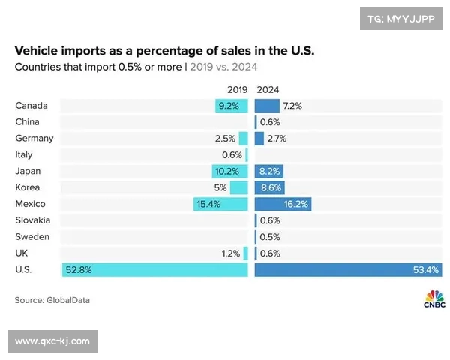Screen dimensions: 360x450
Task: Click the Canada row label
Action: click(31, 106)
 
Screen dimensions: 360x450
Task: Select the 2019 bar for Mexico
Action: click(220, 204)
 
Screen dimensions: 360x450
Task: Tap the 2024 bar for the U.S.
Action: click(347, 269)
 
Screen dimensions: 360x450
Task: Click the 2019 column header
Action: click(236, 88)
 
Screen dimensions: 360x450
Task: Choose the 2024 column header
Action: click(268, 88)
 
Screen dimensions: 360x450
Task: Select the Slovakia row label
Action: click(33, 220)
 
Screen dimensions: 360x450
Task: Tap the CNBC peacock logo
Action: click(434, 298)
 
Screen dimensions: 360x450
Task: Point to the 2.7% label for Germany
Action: click(277, 139)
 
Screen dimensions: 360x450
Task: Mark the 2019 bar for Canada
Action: click(231, 106)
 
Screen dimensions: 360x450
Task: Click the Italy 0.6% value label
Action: click(232, 155)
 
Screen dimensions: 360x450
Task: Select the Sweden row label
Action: click(32, 237)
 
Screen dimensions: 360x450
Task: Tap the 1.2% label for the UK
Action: click(231, 253)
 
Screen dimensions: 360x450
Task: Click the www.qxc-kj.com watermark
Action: click(52, 341)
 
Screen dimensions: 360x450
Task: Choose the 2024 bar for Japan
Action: click(269, 171)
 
